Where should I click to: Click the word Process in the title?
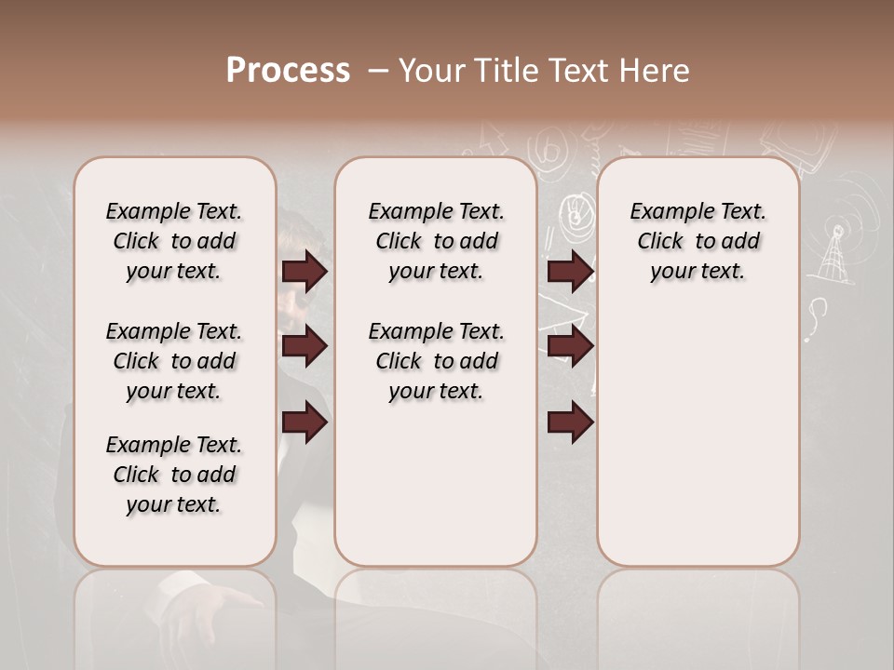(288, 71)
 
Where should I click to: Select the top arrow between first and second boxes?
(305, 272)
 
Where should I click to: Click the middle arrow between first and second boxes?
(305, 347)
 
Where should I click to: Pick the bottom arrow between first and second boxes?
(305, 422)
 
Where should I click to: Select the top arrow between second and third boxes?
(571, 272)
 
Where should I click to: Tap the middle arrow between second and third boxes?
(571, 347)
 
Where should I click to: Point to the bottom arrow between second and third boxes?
(571, 422)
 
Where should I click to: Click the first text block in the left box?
(174, 241)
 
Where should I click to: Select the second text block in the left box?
(174, 361)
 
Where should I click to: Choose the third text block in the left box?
(174, 475)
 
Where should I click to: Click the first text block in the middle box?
(437, 241)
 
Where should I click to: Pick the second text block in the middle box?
(437, 361)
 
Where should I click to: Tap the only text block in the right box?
(698, 241)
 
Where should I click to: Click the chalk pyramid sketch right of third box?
(835, 256)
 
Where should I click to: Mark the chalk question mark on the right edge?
(818, 315)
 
